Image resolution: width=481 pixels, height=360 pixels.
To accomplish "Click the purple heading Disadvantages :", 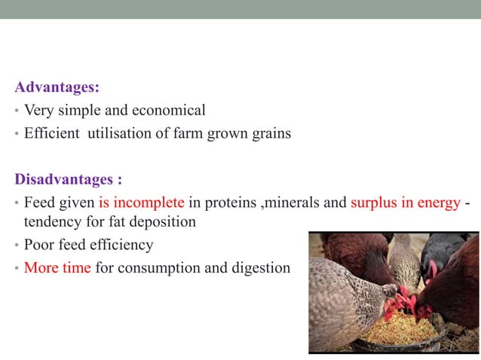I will tap(68, 180).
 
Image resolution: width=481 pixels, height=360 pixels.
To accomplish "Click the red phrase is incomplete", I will tap(142, 203).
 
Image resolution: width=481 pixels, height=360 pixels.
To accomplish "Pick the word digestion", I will tap(259, 267).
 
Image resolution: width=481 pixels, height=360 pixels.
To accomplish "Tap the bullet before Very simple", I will tap(17, 111).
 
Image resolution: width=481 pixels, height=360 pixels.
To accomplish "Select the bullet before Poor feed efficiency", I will tap(17, 246).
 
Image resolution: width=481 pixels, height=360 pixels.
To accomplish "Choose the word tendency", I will tap(51, 223).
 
